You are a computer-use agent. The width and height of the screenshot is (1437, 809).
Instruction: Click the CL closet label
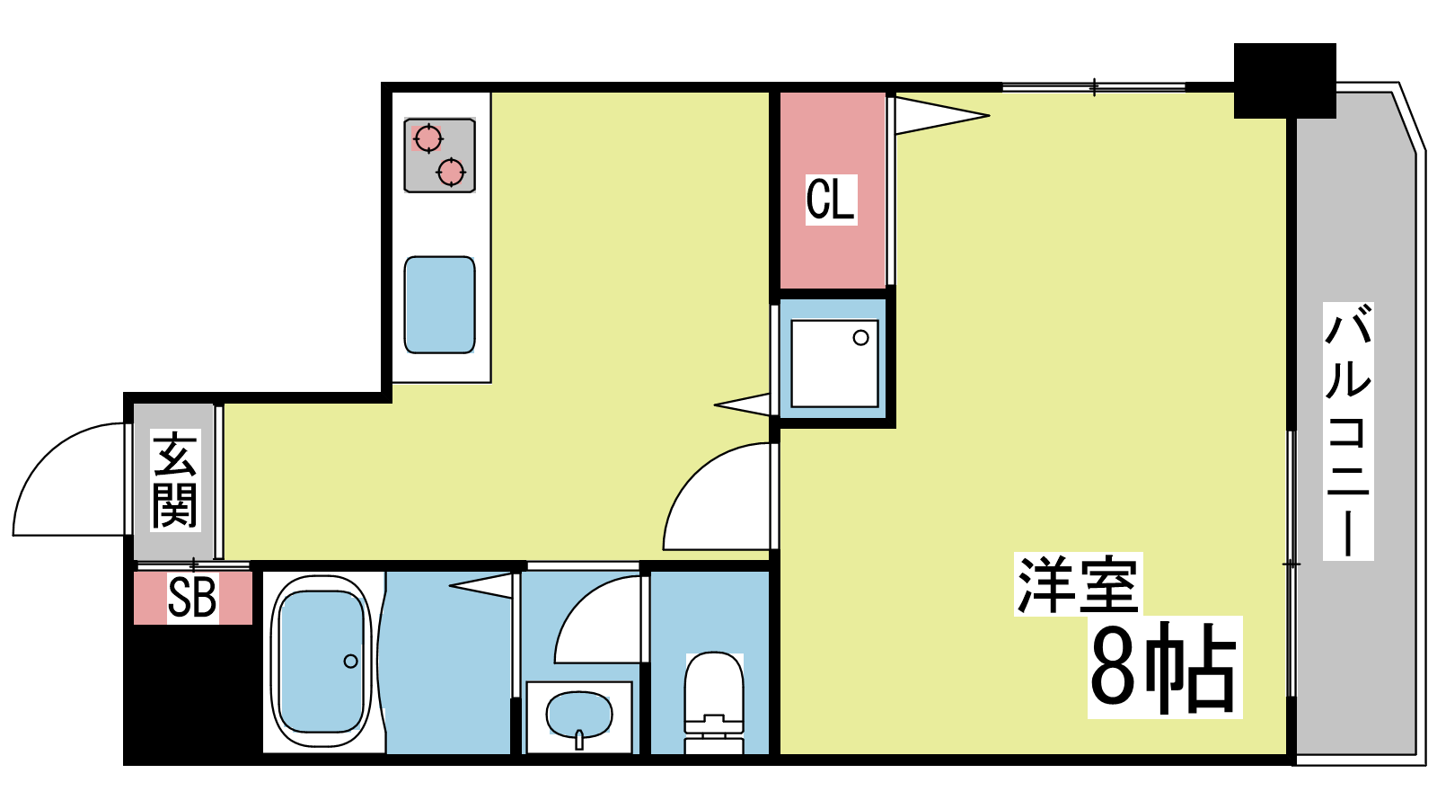click(831, 199)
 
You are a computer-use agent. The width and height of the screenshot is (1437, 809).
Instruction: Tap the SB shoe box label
click(192, 597)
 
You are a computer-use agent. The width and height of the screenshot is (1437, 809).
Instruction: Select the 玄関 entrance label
click(175, 480)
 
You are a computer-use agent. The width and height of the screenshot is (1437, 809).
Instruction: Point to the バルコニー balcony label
click(1348, 431)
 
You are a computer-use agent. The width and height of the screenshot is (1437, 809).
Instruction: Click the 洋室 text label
click(1078, 584)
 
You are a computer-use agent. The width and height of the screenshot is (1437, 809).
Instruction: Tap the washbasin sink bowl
click(578, 716)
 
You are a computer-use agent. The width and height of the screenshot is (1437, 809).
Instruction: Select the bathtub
click(322, 662)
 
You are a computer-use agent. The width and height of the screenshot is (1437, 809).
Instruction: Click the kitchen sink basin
click(439, 305)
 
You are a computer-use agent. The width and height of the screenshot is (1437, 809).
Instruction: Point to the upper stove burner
click(428, 138)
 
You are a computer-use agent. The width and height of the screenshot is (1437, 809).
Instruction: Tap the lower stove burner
click(451, 172)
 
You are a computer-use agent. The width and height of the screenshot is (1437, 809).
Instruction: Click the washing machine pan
click(834, 363)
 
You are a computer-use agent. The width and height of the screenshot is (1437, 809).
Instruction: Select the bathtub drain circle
click(351, 661)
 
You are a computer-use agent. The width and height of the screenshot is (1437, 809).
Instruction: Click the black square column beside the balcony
click(1285, 81)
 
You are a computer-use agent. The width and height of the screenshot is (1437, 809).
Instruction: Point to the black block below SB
click(192, 693)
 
